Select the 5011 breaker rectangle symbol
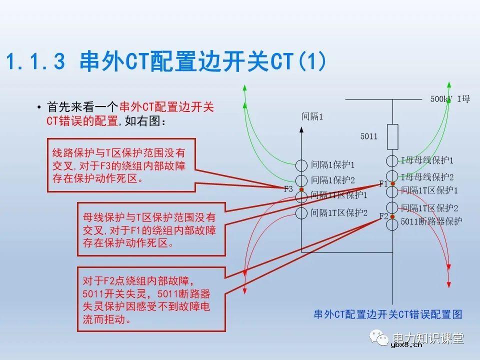tap(392, 136)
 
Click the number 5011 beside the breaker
tap(369, 136)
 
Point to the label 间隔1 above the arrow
tap(312, 117)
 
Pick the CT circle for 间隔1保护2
tap(301, 180)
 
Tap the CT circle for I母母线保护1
tap(392, 161)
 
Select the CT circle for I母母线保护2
tap(392, 176)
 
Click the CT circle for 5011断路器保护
tap(392, 224)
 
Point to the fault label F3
tap(288, 189)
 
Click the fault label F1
tap(383, 183)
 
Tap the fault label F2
tap(383, 216)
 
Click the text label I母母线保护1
tap(427, 161)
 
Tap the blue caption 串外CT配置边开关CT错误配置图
tap(387, 314)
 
